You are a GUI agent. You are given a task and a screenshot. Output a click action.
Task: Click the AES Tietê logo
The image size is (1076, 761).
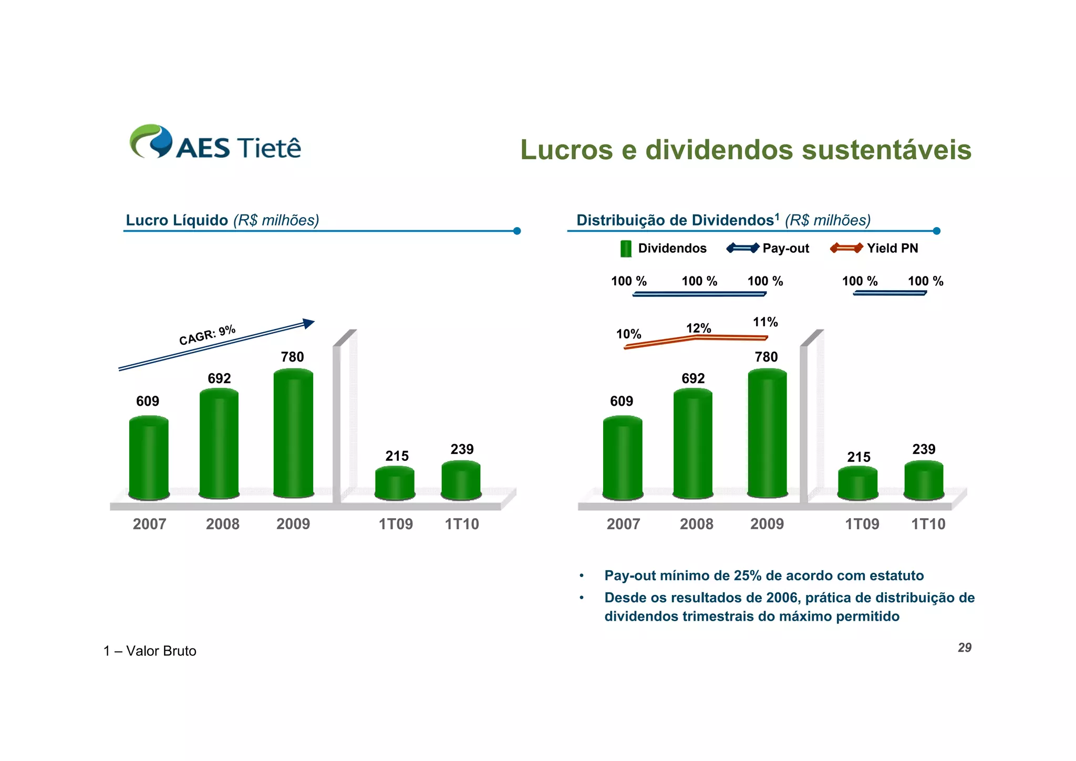tap(215, 142)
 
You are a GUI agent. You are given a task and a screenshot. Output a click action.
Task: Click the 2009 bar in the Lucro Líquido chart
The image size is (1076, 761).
tap(293, 434)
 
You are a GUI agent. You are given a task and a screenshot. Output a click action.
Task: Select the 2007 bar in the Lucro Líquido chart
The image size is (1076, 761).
tap(149, 457)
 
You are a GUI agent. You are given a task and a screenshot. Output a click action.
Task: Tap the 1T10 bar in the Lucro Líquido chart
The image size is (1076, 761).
tap(461, 480)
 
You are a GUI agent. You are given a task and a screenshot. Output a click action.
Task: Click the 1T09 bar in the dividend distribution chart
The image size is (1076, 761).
tap(857, 483)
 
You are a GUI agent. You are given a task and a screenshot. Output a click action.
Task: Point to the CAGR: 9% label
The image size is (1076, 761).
tap(207, 335)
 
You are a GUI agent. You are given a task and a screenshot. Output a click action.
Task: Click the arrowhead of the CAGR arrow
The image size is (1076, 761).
tap(308, 323)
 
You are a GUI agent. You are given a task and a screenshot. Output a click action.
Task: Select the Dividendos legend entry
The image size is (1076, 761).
tap(663, 249)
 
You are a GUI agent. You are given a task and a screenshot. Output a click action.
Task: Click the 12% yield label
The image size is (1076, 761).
tap(698, 328)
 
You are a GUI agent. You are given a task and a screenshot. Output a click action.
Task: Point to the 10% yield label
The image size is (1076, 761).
tap(628, 334)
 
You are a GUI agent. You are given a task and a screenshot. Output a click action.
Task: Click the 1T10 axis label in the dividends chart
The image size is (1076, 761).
tap(928, 524)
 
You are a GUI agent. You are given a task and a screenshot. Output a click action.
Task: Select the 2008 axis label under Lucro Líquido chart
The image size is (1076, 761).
tap(222, 524)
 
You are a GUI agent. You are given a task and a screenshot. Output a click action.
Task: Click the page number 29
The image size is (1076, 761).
tap(964, 647)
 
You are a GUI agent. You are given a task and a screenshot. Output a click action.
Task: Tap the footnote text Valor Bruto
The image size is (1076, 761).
tap(161, 651)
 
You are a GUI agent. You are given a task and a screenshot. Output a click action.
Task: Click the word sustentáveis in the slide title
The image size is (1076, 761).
tap(886, 150)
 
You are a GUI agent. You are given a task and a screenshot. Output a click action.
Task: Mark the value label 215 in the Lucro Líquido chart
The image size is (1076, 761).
tap(397, 456)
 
